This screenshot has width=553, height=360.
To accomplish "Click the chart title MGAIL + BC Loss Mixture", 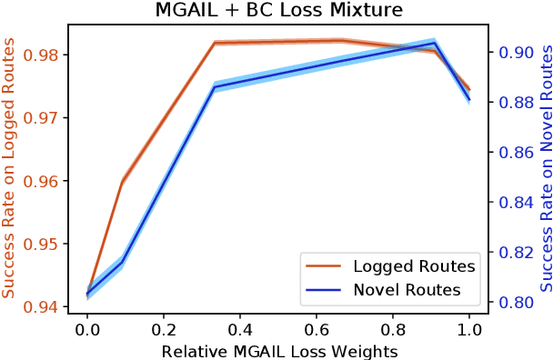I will click(x=276, y=11).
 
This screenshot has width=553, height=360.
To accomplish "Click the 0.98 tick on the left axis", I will click(x=46, y=55).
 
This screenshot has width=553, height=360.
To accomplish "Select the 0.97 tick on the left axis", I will click(x=46, y=118).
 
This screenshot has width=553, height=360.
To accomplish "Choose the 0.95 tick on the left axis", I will click(x=46, y=245).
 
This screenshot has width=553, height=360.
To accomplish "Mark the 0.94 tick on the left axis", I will click(x=46, y=307).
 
